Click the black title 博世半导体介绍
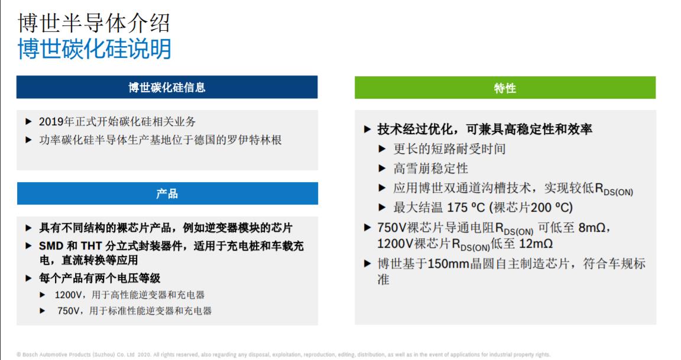coord(94,23)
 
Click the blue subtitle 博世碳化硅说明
coord(94,48)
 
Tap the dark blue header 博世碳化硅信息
coord(167,87)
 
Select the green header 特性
coord(505,87)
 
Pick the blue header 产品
coord(167,193)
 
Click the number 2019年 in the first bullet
coord(57,122)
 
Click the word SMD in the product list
coord(51,247)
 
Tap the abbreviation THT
coord(91,247)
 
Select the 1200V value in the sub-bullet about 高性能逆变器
coord(68,296)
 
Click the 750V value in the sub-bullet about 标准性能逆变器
coord(68,311)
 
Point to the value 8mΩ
coord(592,228)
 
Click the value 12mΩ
coord(536,244)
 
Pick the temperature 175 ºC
coord(466,207)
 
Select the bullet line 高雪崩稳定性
coord(430,168)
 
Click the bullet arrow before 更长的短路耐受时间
coord(382,149)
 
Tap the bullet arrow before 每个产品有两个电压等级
coord(28,278)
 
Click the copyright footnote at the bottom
coord(283,355)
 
